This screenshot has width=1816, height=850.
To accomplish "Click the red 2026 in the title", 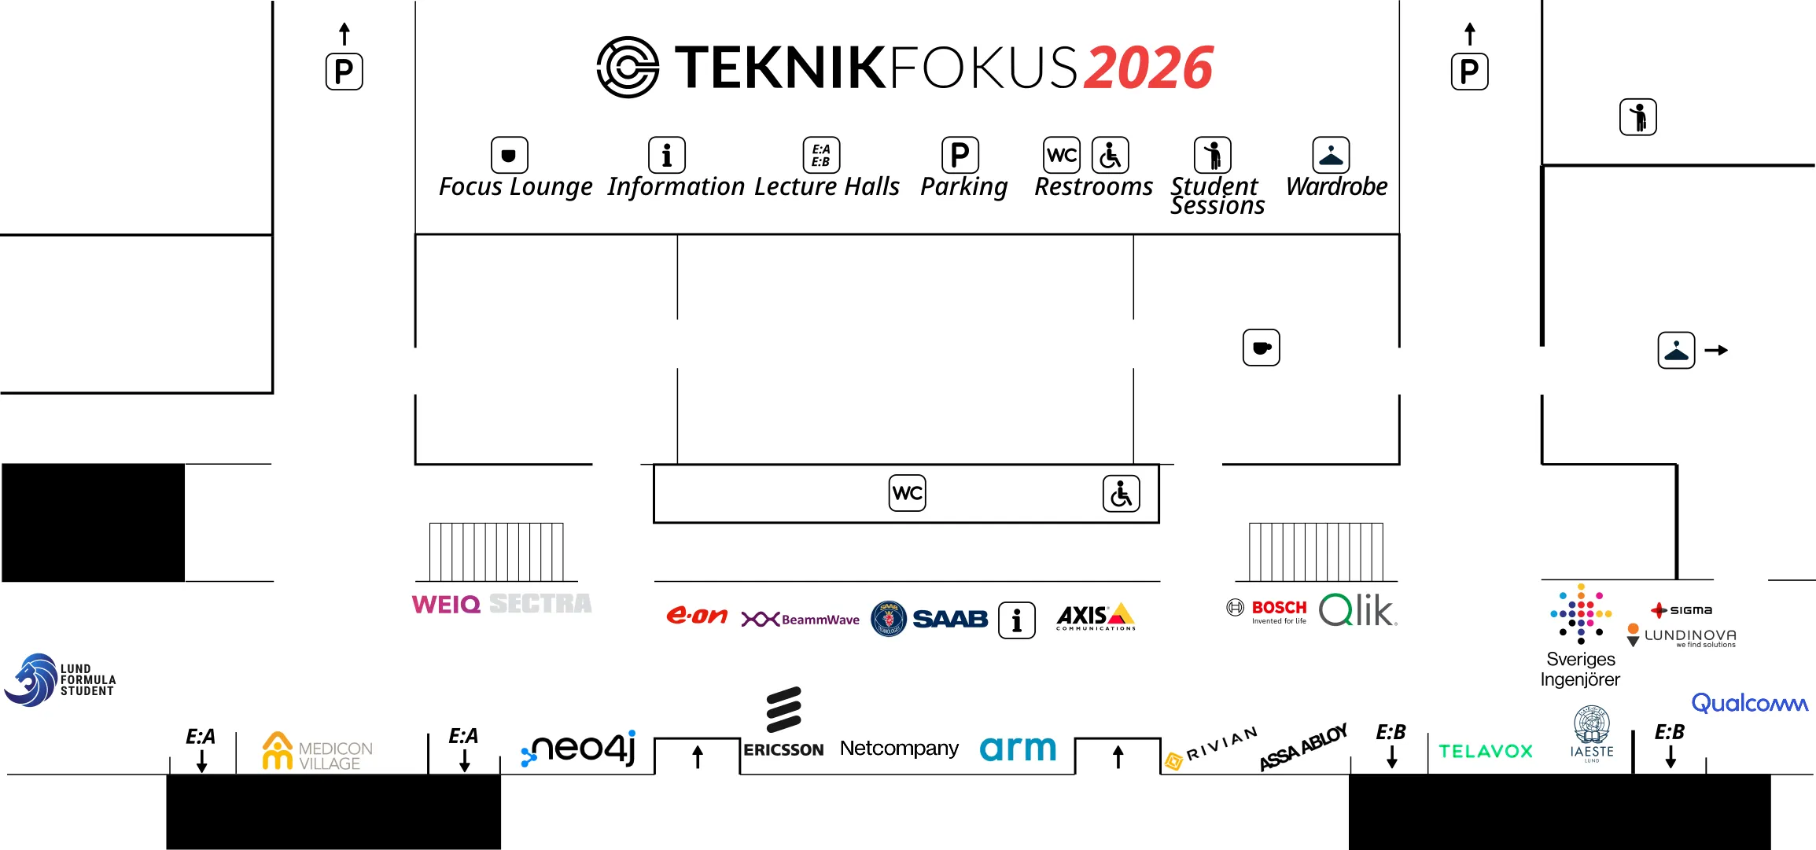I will pos(1148,68).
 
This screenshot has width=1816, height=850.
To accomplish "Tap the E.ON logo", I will pos(696,616).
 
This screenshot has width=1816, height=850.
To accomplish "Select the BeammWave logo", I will pos(800,620).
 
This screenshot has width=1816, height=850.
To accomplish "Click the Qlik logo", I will pos(1357,610).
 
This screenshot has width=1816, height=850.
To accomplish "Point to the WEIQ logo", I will pos(446,605).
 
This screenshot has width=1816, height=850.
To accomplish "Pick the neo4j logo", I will pos(579,748).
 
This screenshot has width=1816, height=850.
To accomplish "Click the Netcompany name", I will pos(899,748).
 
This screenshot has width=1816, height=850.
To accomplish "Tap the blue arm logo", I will pos(1018,749).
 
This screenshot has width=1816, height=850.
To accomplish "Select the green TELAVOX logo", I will pos(1486,752).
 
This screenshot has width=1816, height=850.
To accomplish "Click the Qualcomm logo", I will pos(1749,703).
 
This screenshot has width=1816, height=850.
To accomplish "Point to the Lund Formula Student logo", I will pos(60,680).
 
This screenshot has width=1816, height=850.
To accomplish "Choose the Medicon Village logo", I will pos(317,752).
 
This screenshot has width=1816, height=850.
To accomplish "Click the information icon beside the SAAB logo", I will pos(1017,620).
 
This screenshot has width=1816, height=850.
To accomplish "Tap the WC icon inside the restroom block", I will pos(907,493).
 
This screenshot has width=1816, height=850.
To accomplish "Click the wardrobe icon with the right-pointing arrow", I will pos(1676,351).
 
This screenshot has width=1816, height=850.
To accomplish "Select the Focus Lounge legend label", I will pos(515,187).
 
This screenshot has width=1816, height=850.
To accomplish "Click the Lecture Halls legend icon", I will pos(821,155).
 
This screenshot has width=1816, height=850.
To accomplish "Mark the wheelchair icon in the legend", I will pos(1110,155).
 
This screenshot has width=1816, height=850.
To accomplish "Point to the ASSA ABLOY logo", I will pos(1302,747).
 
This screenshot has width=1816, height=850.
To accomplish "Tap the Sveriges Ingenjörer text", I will pos(1580,669).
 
